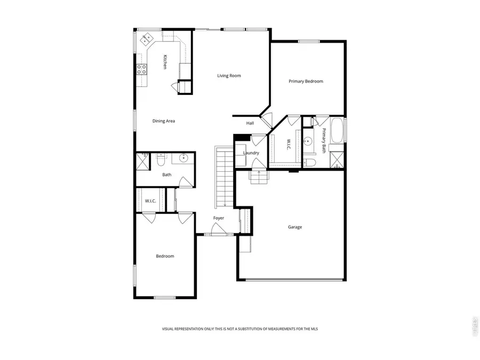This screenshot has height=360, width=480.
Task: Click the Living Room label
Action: tap(229, 76)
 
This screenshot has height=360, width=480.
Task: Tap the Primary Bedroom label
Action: tap(306, 82)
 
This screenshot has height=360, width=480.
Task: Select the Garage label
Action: tap(295, 227)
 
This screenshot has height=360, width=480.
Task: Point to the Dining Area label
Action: tap(164, 121)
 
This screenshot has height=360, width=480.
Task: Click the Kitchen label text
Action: tap(165, 62)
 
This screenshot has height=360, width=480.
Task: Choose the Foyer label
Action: tap(219, 218)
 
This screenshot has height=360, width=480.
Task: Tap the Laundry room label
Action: tap(251, 153)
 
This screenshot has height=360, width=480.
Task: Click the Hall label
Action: tap(250, 123)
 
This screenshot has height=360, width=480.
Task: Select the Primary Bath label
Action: tap(324, 141)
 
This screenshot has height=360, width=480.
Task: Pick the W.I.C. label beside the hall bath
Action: tap(150, 201)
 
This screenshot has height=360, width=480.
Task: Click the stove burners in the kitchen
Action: tap(142, 69)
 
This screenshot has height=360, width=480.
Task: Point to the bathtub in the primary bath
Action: tap(338, 132)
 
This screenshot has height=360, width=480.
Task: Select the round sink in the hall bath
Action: tap(183, 158)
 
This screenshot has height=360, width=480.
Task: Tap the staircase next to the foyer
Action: tap(224, 178)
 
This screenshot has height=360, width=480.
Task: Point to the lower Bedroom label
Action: tap(165, 257)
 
